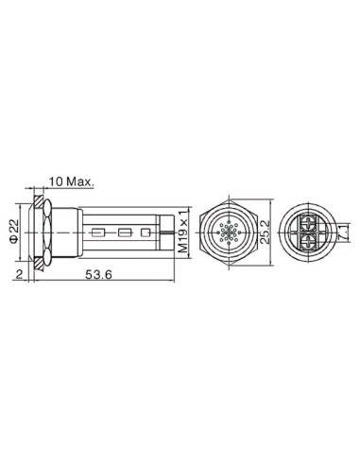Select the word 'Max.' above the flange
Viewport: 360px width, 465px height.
click(x=77, y=180)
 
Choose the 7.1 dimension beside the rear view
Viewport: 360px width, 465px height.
click(x=348, y=230)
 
